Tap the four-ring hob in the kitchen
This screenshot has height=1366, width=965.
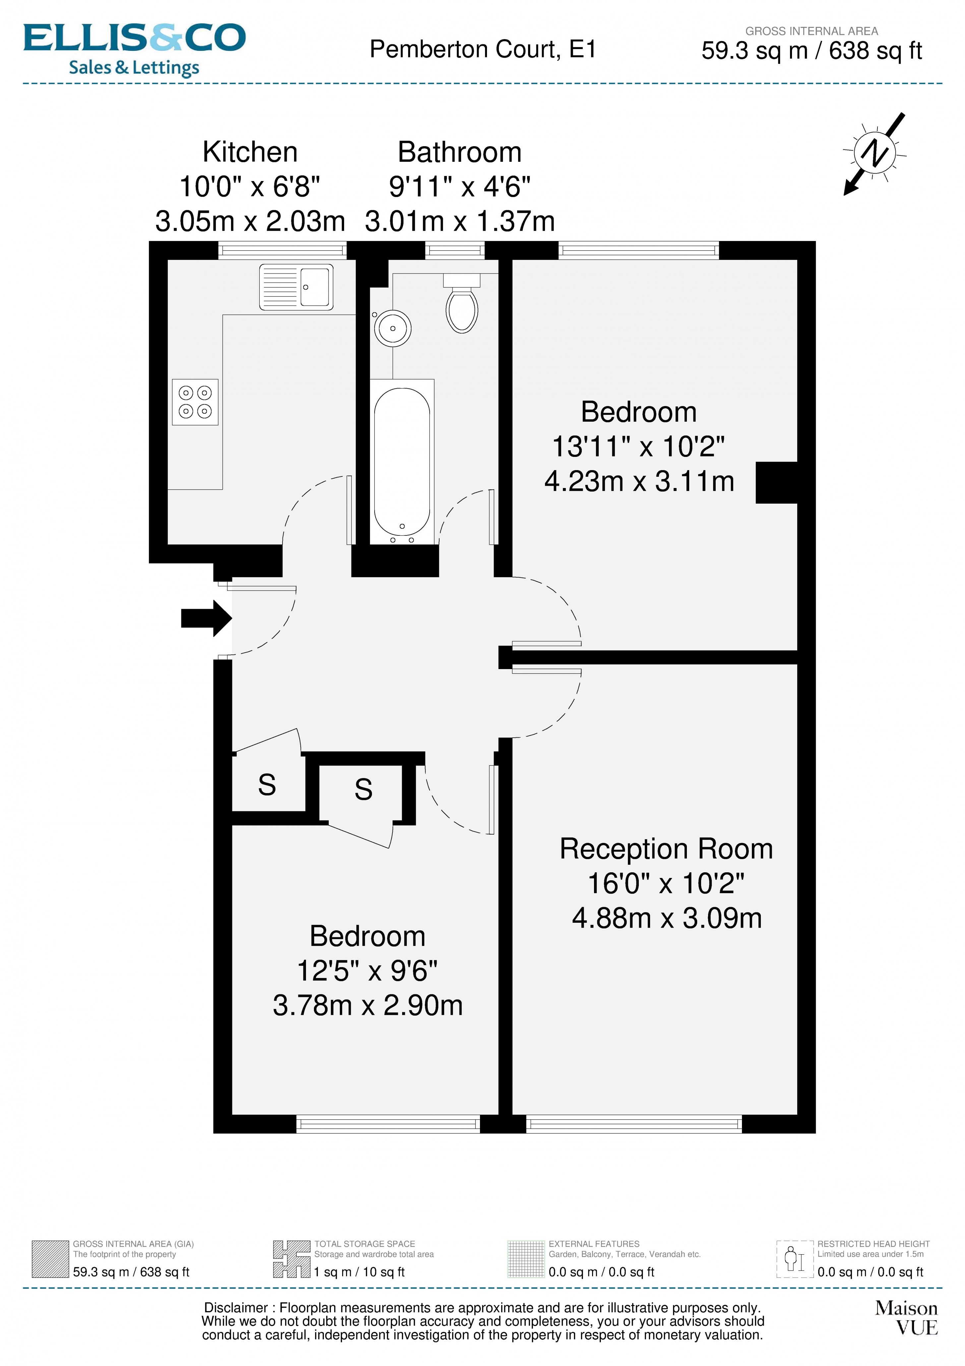tap(195, 402)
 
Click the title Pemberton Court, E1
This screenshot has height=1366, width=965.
tap(483, 49)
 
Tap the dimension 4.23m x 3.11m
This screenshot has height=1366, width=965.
tap(639, 481)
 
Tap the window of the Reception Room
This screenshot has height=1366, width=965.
tap(633, 1123)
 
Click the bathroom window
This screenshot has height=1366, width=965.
tap(455, 250)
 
